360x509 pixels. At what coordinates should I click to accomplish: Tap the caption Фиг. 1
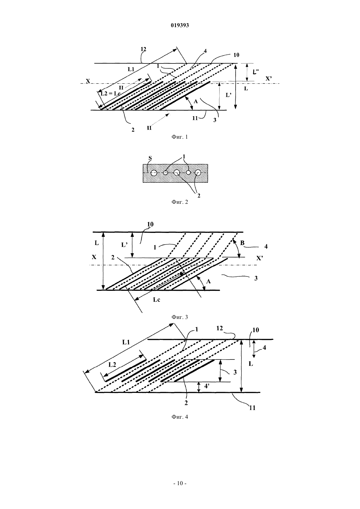180,137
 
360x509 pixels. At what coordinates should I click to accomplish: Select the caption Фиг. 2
180,202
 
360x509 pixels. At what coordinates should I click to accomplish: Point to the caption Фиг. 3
180,317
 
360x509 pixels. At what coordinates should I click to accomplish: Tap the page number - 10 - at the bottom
180,483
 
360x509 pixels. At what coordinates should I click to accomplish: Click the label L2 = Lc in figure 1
111,93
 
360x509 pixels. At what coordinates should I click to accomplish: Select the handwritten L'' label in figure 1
256,72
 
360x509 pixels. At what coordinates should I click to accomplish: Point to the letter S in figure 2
150,158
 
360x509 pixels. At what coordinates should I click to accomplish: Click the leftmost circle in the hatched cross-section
154,173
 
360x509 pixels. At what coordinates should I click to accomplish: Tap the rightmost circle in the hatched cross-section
198,173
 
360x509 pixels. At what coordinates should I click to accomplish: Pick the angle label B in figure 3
242,243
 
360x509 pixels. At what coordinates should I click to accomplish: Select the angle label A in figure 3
208,282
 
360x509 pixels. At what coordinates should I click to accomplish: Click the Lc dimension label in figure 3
156,300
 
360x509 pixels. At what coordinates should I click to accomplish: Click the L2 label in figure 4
112,365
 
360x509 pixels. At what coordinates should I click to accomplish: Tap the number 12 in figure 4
220,328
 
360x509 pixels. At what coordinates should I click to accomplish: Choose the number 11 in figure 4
252,408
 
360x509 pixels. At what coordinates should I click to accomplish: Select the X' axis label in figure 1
269,79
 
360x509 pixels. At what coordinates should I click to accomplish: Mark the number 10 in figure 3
151,224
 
